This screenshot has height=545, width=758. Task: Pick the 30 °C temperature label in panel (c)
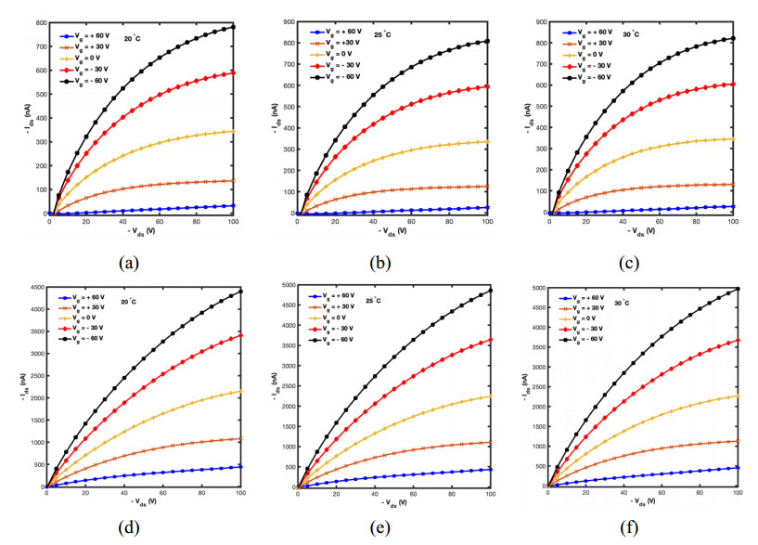point(631,34)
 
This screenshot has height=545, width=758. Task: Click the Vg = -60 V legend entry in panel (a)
point(91,82)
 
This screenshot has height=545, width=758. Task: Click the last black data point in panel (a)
point(233,27)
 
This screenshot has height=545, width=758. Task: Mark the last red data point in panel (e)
point(491,340)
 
